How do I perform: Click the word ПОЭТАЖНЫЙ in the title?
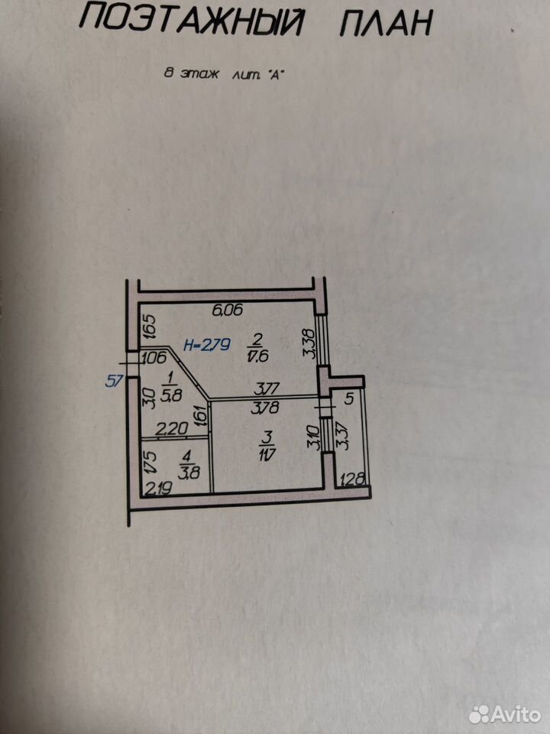pos(192,22)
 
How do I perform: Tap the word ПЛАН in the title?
pos(386,22)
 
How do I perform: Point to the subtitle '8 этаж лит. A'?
pos(225,73)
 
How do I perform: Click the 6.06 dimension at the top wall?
pos(228,310)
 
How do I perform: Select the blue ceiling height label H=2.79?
pos(207,345)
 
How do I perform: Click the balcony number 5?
pos(349,399)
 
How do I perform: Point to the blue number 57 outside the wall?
pos(113,381)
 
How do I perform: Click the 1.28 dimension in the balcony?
pos(353,479)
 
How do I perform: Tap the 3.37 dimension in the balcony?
pos(344,437)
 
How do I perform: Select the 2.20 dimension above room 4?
pos(172,429)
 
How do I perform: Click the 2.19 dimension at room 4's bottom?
pos(159,489)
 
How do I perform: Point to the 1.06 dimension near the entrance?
pos(154,358)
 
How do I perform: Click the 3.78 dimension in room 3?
pos(265,408)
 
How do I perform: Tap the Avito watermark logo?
pos(505,714)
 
